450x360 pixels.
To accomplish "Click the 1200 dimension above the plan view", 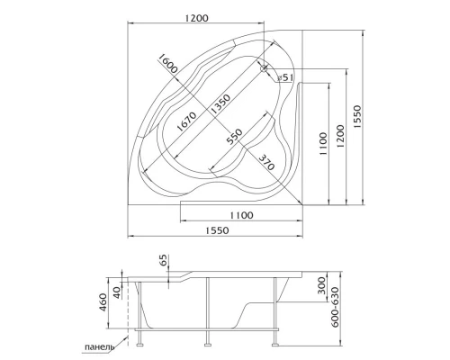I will pos(211,18).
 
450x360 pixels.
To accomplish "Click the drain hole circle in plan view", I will pos(265,66).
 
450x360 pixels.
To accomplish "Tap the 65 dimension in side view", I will pos(162,260).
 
